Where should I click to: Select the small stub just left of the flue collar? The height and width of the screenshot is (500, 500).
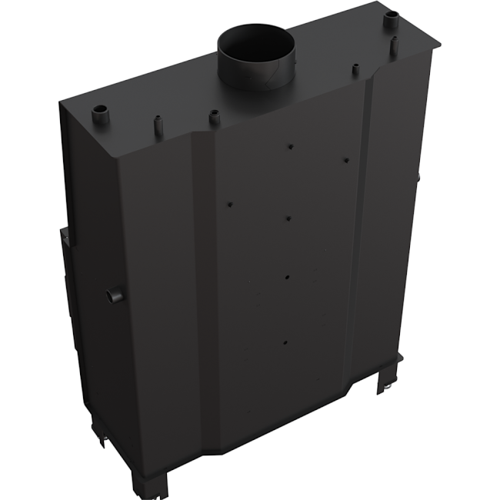click(215, 118)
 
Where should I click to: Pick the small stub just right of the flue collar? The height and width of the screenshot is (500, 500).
click(355, 70)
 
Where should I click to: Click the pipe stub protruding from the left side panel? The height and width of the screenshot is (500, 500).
click(114, 294)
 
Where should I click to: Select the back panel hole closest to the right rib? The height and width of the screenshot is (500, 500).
click(346, 160)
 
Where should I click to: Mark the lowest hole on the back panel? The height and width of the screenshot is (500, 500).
click(285, 342)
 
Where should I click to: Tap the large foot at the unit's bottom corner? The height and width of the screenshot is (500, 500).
click(155, 481)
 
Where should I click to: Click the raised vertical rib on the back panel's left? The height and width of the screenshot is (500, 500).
click(202, 292)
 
